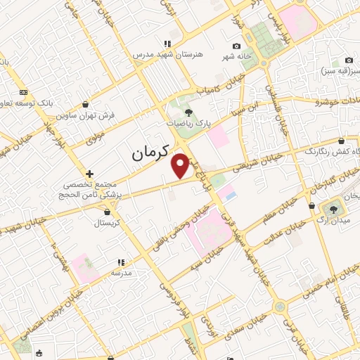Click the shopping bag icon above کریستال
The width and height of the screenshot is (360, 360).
106,211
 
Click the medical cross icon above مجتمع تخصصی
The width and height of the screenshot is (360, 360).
89,173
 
